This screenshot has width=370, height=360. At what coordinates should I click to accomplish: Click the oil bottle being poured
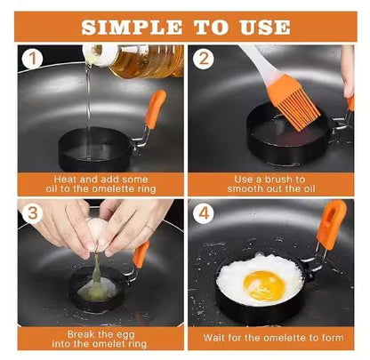coord(142,60)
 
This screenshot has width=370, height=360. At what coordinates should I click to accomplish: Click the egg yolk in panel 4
coord(264,284)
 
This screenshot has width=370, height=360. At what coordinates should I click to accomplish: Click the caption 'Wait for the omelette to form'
coord(274,338)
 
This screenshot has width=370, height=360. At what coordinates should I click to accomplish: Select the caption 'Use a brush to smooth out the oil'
coord(274,183)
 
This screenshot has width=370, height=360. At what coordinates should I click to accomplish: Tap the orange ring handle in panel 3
coord(141,254)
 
